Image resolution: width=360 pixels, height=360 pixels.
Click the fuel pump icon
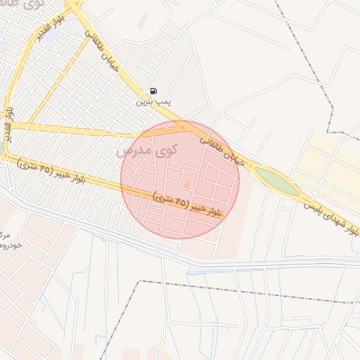click(153, 91)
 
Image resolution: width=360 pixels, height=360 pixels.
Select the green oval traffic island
click(276, 181)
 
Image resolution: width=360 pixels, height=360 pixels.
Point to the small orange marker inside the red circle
click(186, 184)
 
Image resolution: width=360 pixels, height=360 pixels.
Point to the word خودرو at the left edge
click(9, 245)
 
